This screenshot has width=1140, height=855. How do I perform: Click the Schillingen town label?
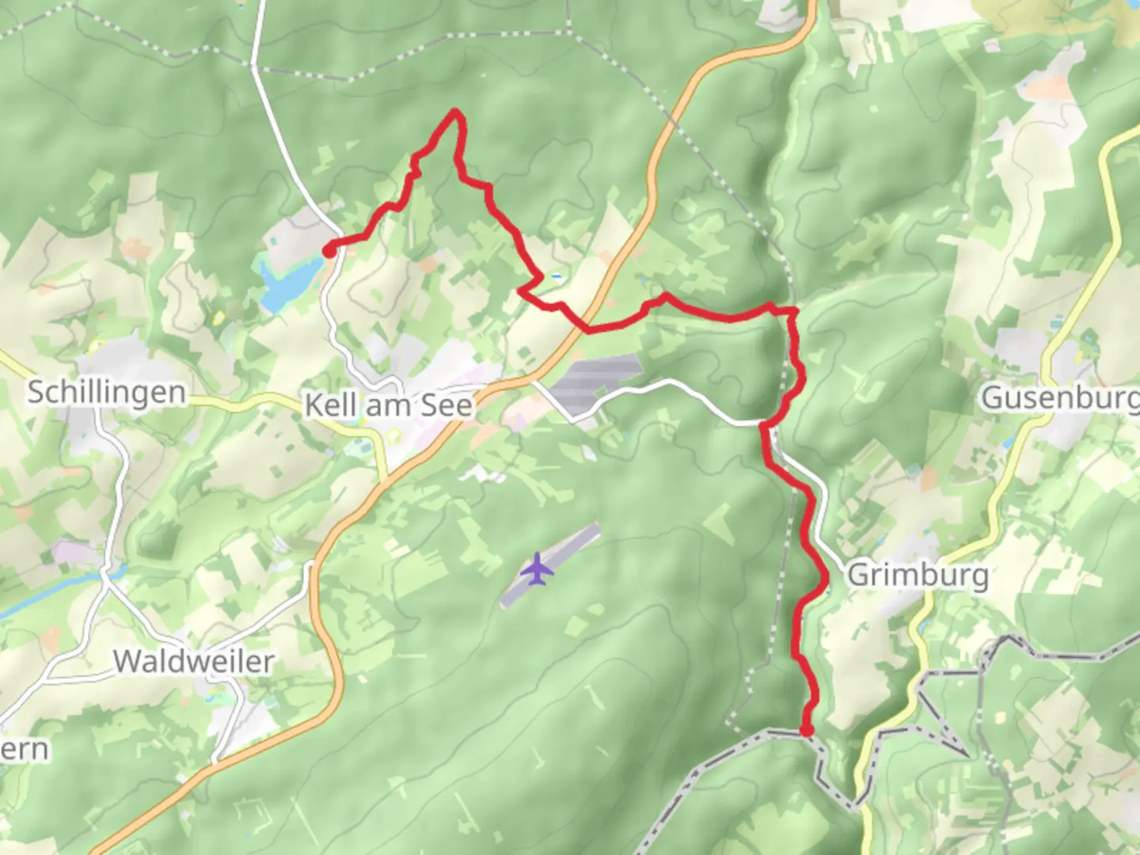[107, 393]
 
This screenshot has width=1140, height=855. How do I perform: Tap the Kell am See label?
[389, 405]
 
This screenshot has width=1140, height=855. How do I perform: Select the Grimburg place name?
[918, 575]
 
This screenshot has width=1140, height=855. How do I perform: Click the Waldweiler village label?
[194, 661]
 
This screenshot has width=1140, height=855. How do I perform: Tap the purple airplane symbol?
[538, 569]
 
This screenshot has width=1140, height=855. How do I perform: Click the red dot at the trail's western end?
[328, 252]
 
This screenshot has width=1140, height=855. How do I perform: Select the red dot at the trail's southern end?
[807, 731]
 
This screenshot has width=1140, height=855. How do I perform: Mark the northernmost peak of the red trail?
[456, 112]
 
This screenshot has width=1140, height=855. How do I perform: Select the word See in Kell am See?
[446, 405]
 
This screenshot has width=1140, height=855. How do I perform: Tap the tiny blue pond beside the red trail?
[558, 277]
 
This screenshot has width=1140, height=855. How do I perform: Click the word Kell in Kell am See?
[330, 405]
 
